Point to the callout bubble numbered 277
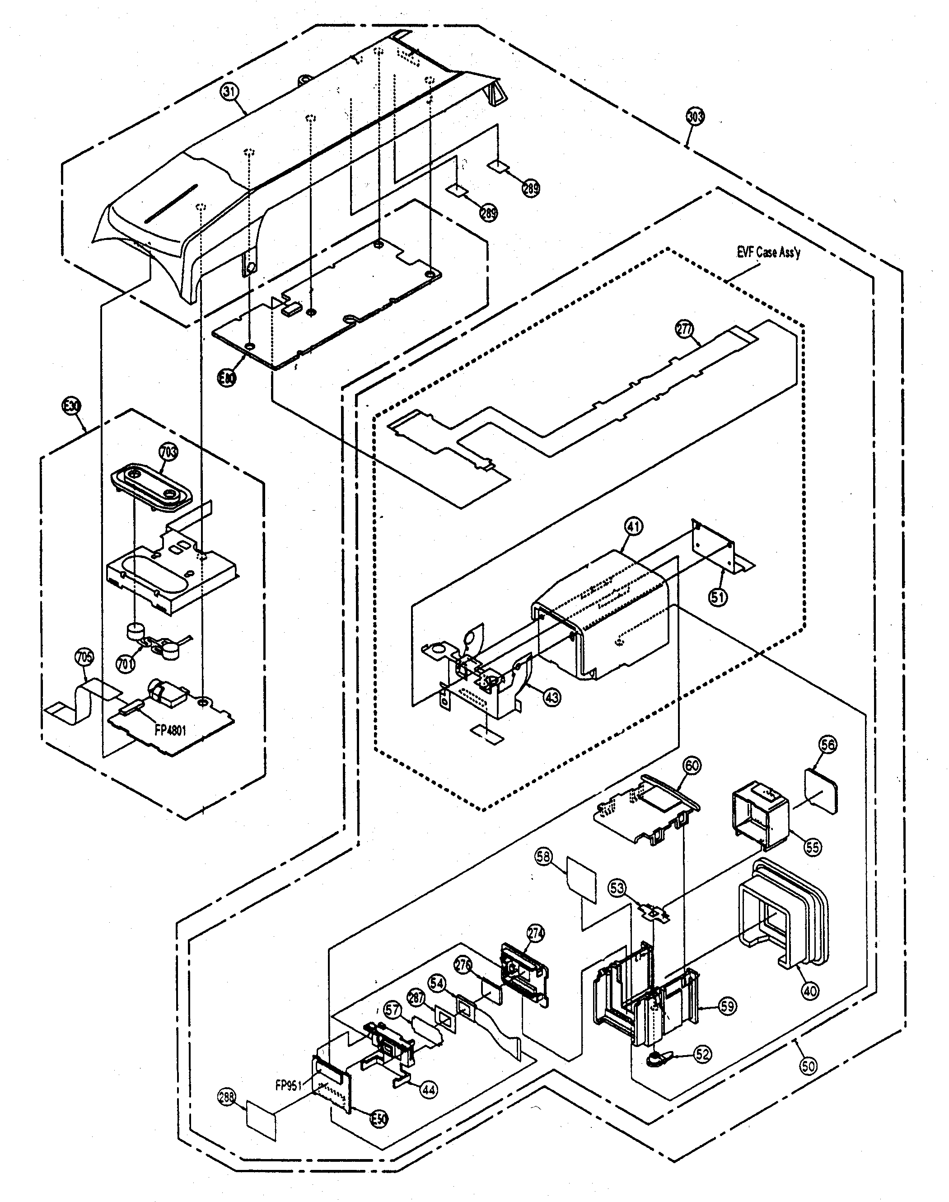tap(684, 329)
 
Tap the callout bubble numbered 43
tap(552, 696)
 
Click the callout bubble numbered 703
tap(168, 452)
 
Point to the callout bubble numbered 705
tap(84, 658)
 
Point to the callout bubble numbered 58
tap(543, 856)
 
